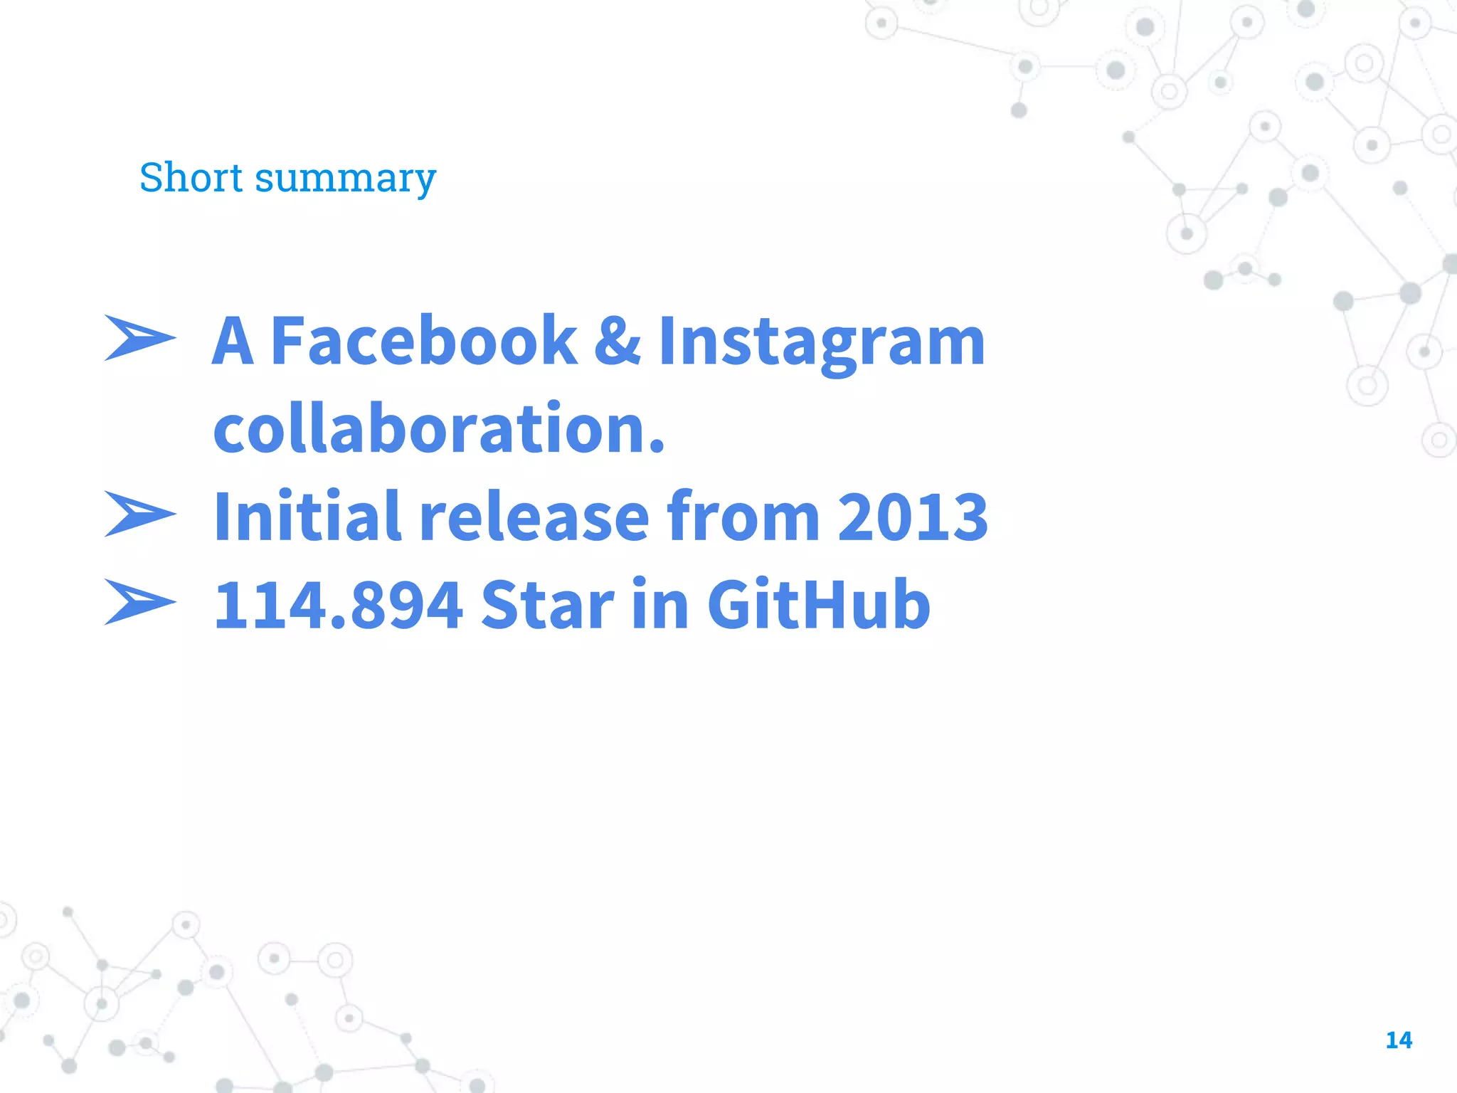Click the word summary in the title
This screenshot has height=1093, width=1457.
coord(345,179)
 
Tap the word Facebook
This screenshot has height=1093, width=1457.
coord(424,341)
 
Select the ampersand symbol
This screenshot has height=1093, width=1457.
coord(617,341)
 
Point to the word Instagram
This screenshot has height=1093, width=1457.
coord(822,344)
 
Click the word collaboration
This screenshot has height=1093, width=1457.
coord(431,428)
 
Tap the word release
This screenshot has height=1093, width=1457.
coord(534,517)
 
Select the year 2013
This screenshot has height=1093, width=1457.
coord(913,517)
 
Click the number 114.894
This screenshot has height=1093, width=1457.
coord(339,606)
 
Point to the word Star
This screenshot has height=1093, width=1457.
coord(548,606)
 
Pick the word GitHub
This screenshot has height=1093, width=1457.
coord(818,606)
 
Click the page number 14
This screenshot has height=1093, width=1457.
coord(1399,1040)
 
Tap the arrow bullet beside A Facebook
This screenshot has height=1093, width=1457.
coord(139,337)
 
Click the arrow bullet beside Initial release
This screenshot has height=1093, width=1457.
coord(139,513)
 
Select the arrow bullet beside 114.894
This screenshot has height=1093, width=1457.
coord(139,602)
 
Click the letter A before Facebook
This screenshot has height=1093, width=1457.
coord(233,341)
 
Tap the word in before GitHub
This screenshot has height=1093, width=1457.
coord(660,604)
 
